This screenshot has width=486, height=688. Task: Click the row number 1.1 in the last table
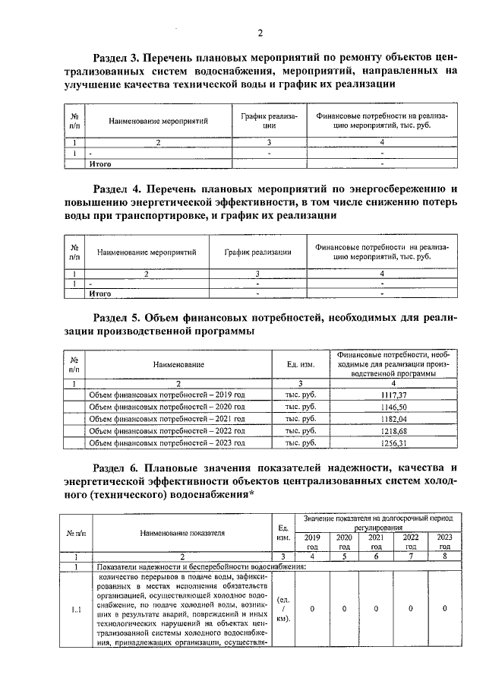[76, 609]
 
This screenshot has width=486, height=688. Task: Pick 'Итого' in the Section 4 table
[101, 293]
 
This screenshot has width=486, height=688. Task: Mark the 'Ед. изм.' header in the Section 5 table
[301, 365]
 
